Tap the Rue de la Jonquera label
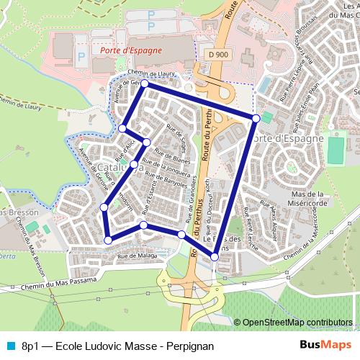(166, 167)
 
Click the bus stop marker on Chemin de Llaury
(144, 84)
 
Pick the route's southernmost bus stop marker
(215, 257)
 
